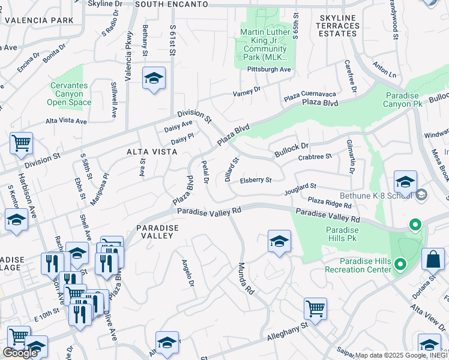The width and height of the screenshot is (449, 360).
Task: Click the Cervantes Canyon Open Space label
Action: tap(70, 94)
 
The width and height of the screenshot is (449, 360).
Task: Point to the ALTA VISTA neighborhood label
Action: tap(152, 152)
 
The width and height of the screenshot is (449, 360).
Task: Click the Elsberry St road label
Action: tap(256, 179)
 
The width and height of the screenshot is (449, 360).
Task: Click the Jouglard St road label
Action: tap(300, 190)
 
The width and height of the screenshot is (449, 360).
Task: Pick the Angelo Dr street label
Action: tap(189, 271)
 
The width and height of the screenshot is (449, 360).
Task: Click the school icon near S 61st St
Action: tap(154, 79)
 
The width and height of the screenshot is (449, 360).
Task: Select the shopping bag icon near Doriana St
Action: tap(433, 260)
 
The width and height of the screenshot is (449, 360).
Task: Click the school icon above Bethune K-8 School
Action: tap(405, 182)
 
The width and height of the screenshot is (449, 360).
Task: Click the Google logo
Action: tap(20, 353)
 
